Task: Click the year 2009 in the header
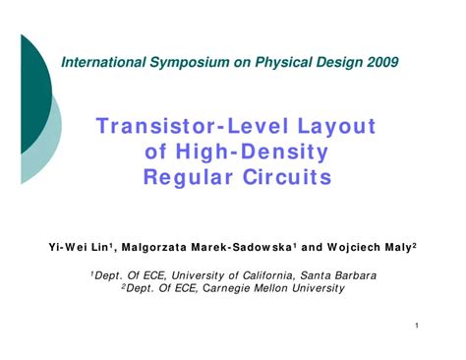(x=379, y=62)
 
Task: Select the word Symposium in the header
(x=194, y=62)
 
